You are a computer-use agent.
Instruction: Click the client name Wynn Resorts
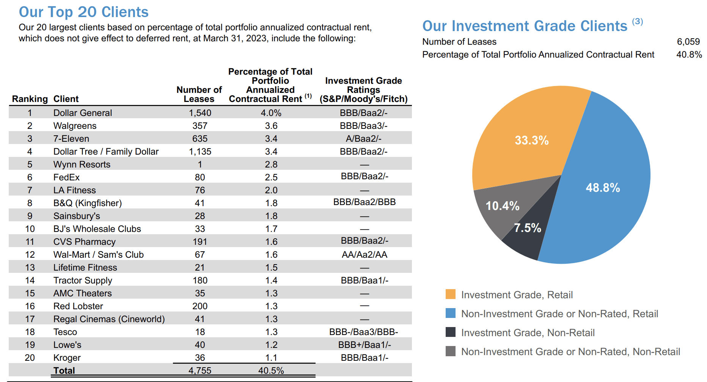82,164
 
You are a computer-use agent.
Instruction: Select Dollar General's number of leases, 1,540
200,113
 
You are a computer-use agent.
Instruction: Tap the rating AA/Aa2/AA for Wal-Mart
364,255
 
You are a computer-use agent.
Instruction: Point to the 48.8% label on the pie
603,188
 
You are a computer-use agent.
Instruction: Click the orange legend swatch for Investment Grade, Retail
451,294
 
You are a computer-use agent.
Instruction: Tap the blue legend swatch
451,313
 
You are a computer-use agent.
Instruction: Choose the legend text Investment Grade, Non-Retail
528,333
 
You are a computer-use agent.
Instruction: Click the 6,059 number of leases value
688,42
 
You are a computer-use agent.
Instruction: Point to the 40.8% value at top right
689,55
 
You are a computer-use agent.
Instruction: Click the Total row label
64,371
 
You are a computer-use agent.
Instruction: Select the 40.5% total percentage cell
271,371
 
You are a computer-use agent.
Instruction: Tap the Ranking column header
30,99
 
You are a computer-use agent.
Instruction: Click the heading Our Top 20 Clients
83,12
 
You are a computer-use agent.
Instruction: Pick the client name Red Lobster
78,306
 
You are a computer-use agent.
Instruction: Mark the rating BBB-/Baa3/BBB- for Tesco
364,332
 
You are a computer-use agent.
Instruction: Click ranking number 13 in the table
30,268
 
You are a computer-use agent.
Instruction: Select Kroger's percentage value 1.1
271,358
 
